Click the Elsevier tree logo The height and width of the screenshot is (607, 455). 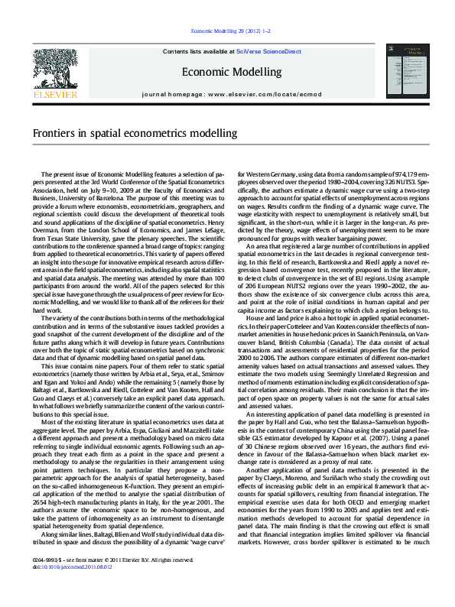pyautogui.click(x=55, y=67)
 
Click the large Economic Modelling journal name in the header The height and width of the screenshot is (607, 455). pyautogui.click(x=227, y=72)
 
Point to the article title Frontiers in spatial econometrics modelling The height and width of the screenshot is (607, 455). pyautogui.click(x=135, y=133)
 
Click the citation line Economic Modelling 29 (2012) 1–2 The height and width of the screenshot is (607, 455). pyautogui.click(x=227, y=31)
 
